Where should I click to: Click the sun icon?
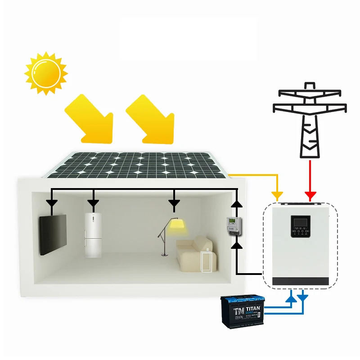[x=45, y=73]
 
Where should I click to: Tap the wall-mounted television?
[x=53, y=234]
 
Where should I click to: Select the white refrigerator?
[x=93, y=234]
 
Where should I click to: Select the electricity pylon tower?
[x=310, y=119]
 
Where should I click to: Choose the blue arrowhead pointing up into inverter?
[x=292, y=297]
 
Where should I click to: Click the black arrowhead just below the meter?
[x=237, y=245]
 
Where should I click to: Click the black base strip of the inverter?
[x=301, y=281]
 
